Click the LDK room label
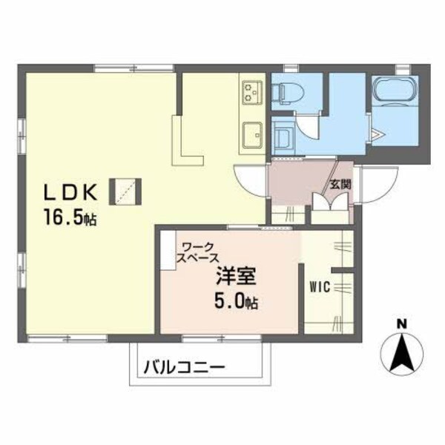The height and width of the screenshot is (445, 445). [x=70, y=192]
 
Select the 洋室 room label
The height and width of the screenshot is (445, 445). [x=236, y=277]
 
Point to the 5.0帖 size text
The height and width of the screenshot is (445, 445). [x=237, y=302]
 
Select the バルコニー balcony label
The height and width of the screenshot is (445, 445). [x=183, y=366]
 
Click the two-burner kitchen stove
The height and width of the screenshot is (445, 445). [x=250, y=91]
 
